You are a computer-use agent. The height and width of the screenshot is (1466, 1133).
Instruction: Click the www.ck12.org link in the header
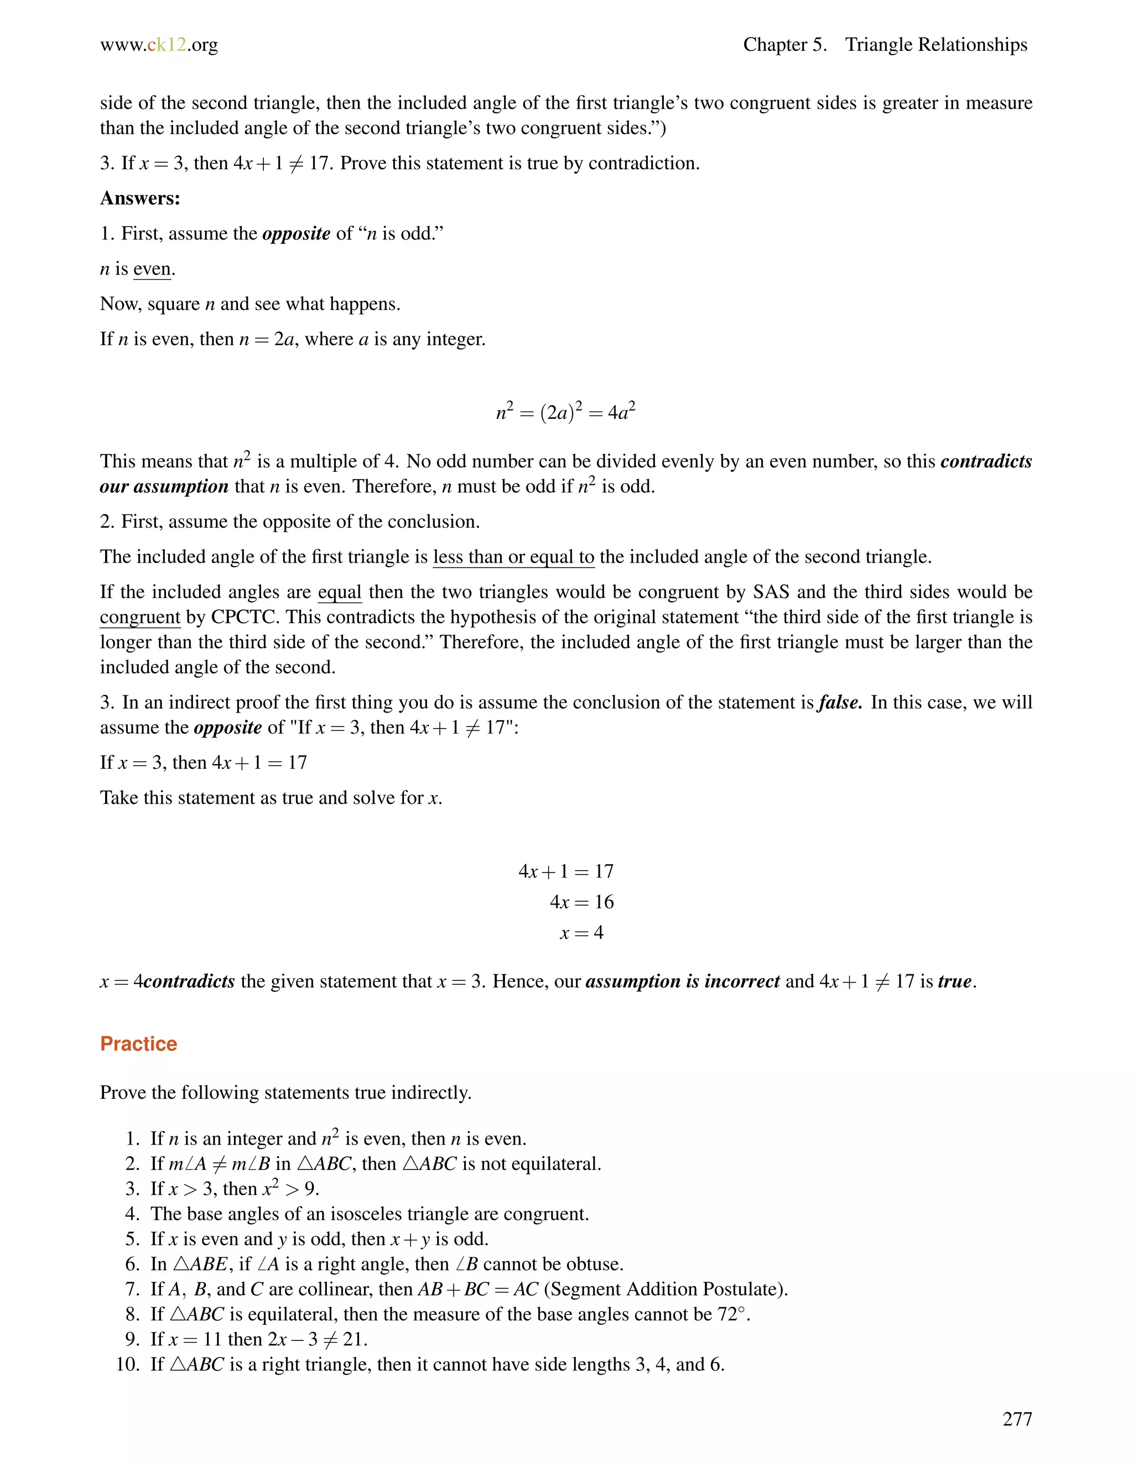pyautogui.click(x=159, y=45)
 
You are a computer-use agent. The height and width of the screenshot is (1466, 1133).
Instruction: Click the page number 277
pyautogui.click(x=1017, y=1418)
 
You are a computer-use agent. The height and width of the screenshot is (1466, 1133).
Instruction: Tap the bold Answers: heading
pyautogui.click(x=141, y=198)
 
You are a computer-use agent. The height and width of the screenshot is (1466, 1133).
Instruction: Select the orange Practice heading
pyautogui.click(x=138, y=1044)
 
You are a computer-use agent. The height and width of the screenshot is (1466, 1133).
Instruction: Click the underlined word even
pyautogui.click(x=152, y=269)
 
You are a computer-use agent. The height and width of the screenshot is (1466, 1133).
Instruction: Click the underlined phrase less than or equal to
pyautogui.click(x=513, y=557)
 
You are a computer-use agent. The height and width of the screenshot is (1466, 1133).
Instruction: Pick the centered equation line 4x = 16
pyautogui.click(x=581, y=902)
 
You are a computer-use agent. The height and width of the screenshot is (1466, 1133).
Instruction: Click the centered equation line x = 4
pyautogui.click(x=581, y=932)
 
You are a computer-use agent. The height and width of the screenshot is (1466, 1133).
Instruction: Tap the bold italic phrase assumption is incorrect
pyautogui.click(x=682, y=981)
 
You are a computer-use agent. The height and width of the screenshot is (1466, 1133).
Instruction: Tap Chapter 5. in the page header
pyautogui.click(x=784, y=45)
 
